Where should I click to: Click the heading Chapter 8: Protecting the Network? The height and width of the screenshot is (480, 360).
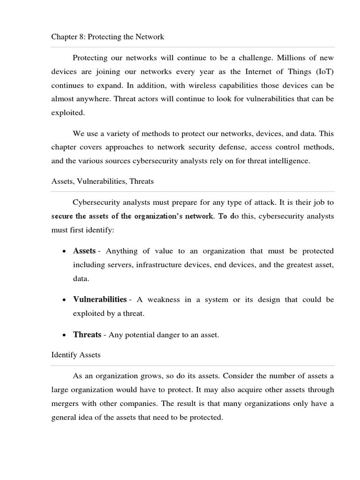pos(107,37)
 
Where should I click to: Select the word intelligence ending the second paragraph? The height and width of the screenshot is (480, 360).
pos(290,161)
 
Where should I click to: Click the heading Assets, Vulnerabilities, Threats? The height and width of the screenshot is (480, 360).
pos(102,181)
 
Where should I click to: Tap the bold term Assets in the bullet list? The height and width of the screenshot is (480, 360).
pos(84,251)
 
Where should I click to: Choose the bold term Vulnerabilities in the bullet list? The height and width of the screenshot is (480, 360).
pos(99,299)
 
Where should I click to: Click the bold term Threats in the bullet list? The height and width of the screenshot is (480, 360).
pos(87,335)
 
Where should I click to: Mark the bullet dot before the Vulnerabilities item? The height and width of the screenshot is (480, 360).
pos(63,300)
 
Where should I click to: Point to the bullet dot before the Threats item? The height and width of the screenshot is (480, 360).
pos(63,336)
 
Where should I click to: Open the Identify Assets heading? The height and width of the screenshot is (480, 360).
pos(75,355)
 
